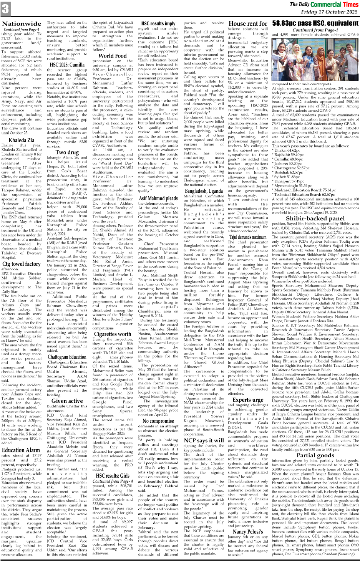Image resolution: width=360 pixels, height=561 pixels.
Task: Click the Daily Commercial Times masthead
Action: tap(324, 5)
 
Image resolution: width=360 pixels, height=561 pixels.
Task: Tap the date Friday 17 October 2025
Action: tap(329, 12)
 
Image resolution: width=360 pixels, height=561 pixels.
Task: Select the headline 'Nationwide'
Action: tap(22, 24)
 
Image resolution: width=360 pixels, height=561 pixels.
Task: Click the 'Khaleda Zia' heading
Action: tap(22, 140)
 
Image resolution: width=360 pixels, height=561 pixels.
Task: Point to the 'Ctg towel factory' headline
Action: tap(22, 264)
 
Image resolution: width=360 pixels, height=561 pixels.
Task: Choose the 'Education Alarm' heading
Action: tap(21, 450)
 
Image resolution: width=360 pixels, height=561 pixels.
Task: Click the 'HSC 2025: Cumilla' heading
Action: tap(67, 65)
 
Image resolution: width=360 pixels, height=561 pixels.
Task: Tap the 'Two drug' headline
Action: tap(67, 152)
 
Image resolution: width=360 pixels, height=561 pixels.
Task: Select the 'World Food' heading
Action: tap(112, 56)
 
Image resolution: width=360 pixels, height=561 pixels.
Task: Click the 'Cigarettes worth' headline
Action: tap(112, 334)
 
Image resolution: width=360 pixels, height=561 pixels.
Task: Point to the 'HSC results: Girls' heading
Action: tap(112, 476)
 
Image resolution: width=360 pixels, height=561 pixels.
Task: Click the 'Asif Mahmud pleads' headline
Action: tap(158, 198)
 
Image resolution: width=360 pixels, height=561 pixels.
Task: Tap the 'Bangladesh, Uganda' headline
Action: tap(204, 191)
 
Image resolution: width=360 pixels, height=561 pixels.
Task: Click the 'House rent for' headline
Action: tap(248, 23)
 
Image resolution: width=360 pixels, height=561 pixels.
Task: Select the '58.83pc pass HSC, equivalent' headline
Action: tap(315, 23)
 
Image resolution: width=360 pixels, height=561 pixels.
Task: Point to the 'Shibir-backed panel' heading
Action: tap(315, 218)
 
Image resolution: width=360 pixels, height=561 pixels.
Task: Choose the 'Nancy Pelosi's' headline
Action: tap(248, 531)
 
